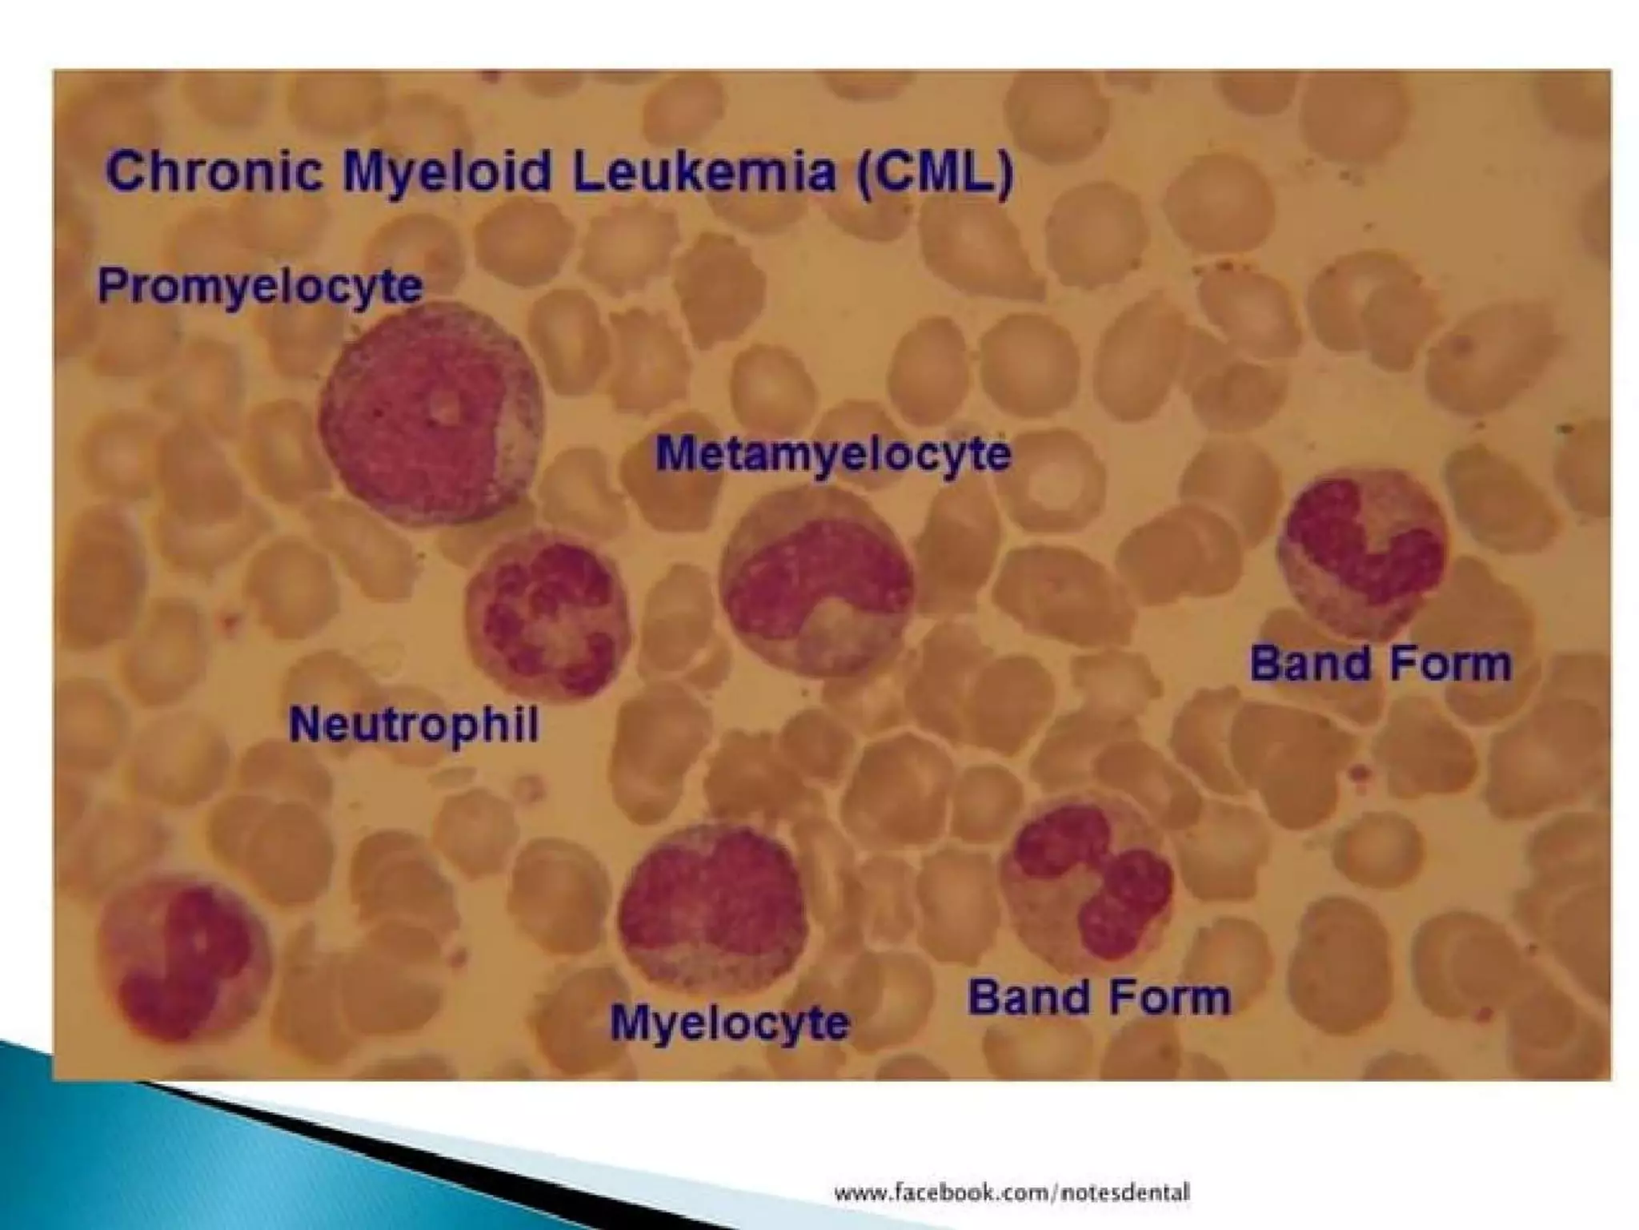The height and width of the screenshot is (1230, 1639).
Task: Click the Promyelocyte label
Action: click(260, 287)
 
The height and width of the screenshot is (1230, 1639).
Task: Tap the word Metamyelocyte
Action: click(833, 455)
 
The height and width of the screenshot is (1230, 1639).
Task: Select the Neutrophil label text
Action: click(414, 726)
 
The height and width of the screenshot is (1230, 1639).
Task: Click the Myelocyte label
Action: click(729, 1023)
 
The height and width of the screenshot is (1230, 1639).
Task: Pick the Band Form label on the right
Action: click(1381, 665)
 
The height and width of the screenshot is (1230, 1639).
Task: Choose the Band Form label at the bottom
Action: click(1099, 998)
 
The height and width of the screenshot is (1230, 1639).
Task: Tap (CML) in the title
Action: click(935, 172)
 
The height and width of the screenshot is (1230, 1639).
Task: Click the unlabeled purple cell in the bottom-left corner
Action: click(184, 957)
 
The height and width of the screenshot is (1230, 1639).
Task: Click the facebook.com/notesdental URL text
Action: click(1012, 1192)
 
